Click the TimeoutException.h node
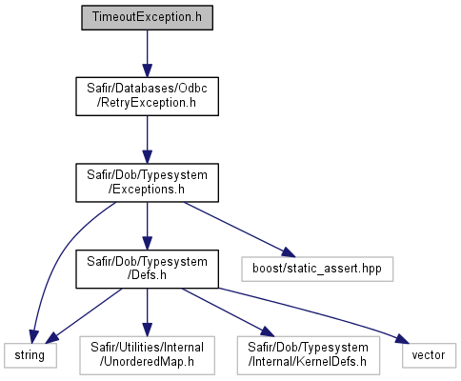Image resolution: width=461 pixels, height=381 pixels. click(x=147, y=17)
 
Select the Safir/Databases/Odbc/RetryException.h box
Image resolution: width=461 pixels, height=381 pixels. click(x=147, y=96)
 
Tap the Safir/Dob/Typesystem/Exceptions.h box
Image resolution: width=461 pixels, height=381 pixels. click(x=147, y=183)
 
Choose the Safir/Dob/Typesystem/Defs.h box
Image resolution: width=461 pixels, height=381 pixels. click(x=147, y=269)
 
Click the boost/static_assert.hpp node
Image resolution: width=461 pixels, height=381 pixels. click(x=317, y=269)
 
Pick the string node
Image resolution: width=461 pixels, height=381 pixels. click(x=30, y=355)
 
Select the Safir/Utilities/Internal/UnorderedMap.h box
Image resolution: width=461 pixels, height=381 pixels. click(x=147, y=355)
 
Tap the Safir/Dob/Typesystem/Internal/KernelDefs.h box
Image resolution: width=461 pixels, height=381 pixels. click(x=309, y=355)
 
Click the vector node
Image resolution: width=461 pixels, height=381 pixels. click(x=429, y=355)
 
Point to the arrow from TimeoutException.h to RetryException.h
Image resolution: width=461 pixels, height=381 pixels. click(x=147, y=53)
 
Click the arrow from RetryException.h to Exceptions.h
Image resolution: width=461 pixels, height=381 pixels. click(x=147, y=140)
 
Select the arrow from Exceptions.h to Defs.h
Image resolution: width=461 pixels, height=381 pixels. click(x=147, y=226)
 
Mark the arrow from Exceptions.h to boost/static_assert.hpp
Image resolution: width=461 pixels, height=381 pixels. click(x=240, y=230)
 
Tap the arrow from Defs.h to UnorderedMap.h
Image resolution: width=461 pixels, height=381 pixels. click(x=147, y=312)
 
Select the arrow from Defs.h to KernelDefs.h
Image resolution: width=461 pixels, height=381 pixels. click(x=228, y=312)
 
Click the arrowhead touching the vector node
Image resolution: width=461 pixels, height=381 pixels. click(x=403, y=339)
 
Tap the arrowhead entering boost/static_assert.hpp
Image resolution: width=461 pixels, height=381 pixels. click(x=289, y=252)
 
